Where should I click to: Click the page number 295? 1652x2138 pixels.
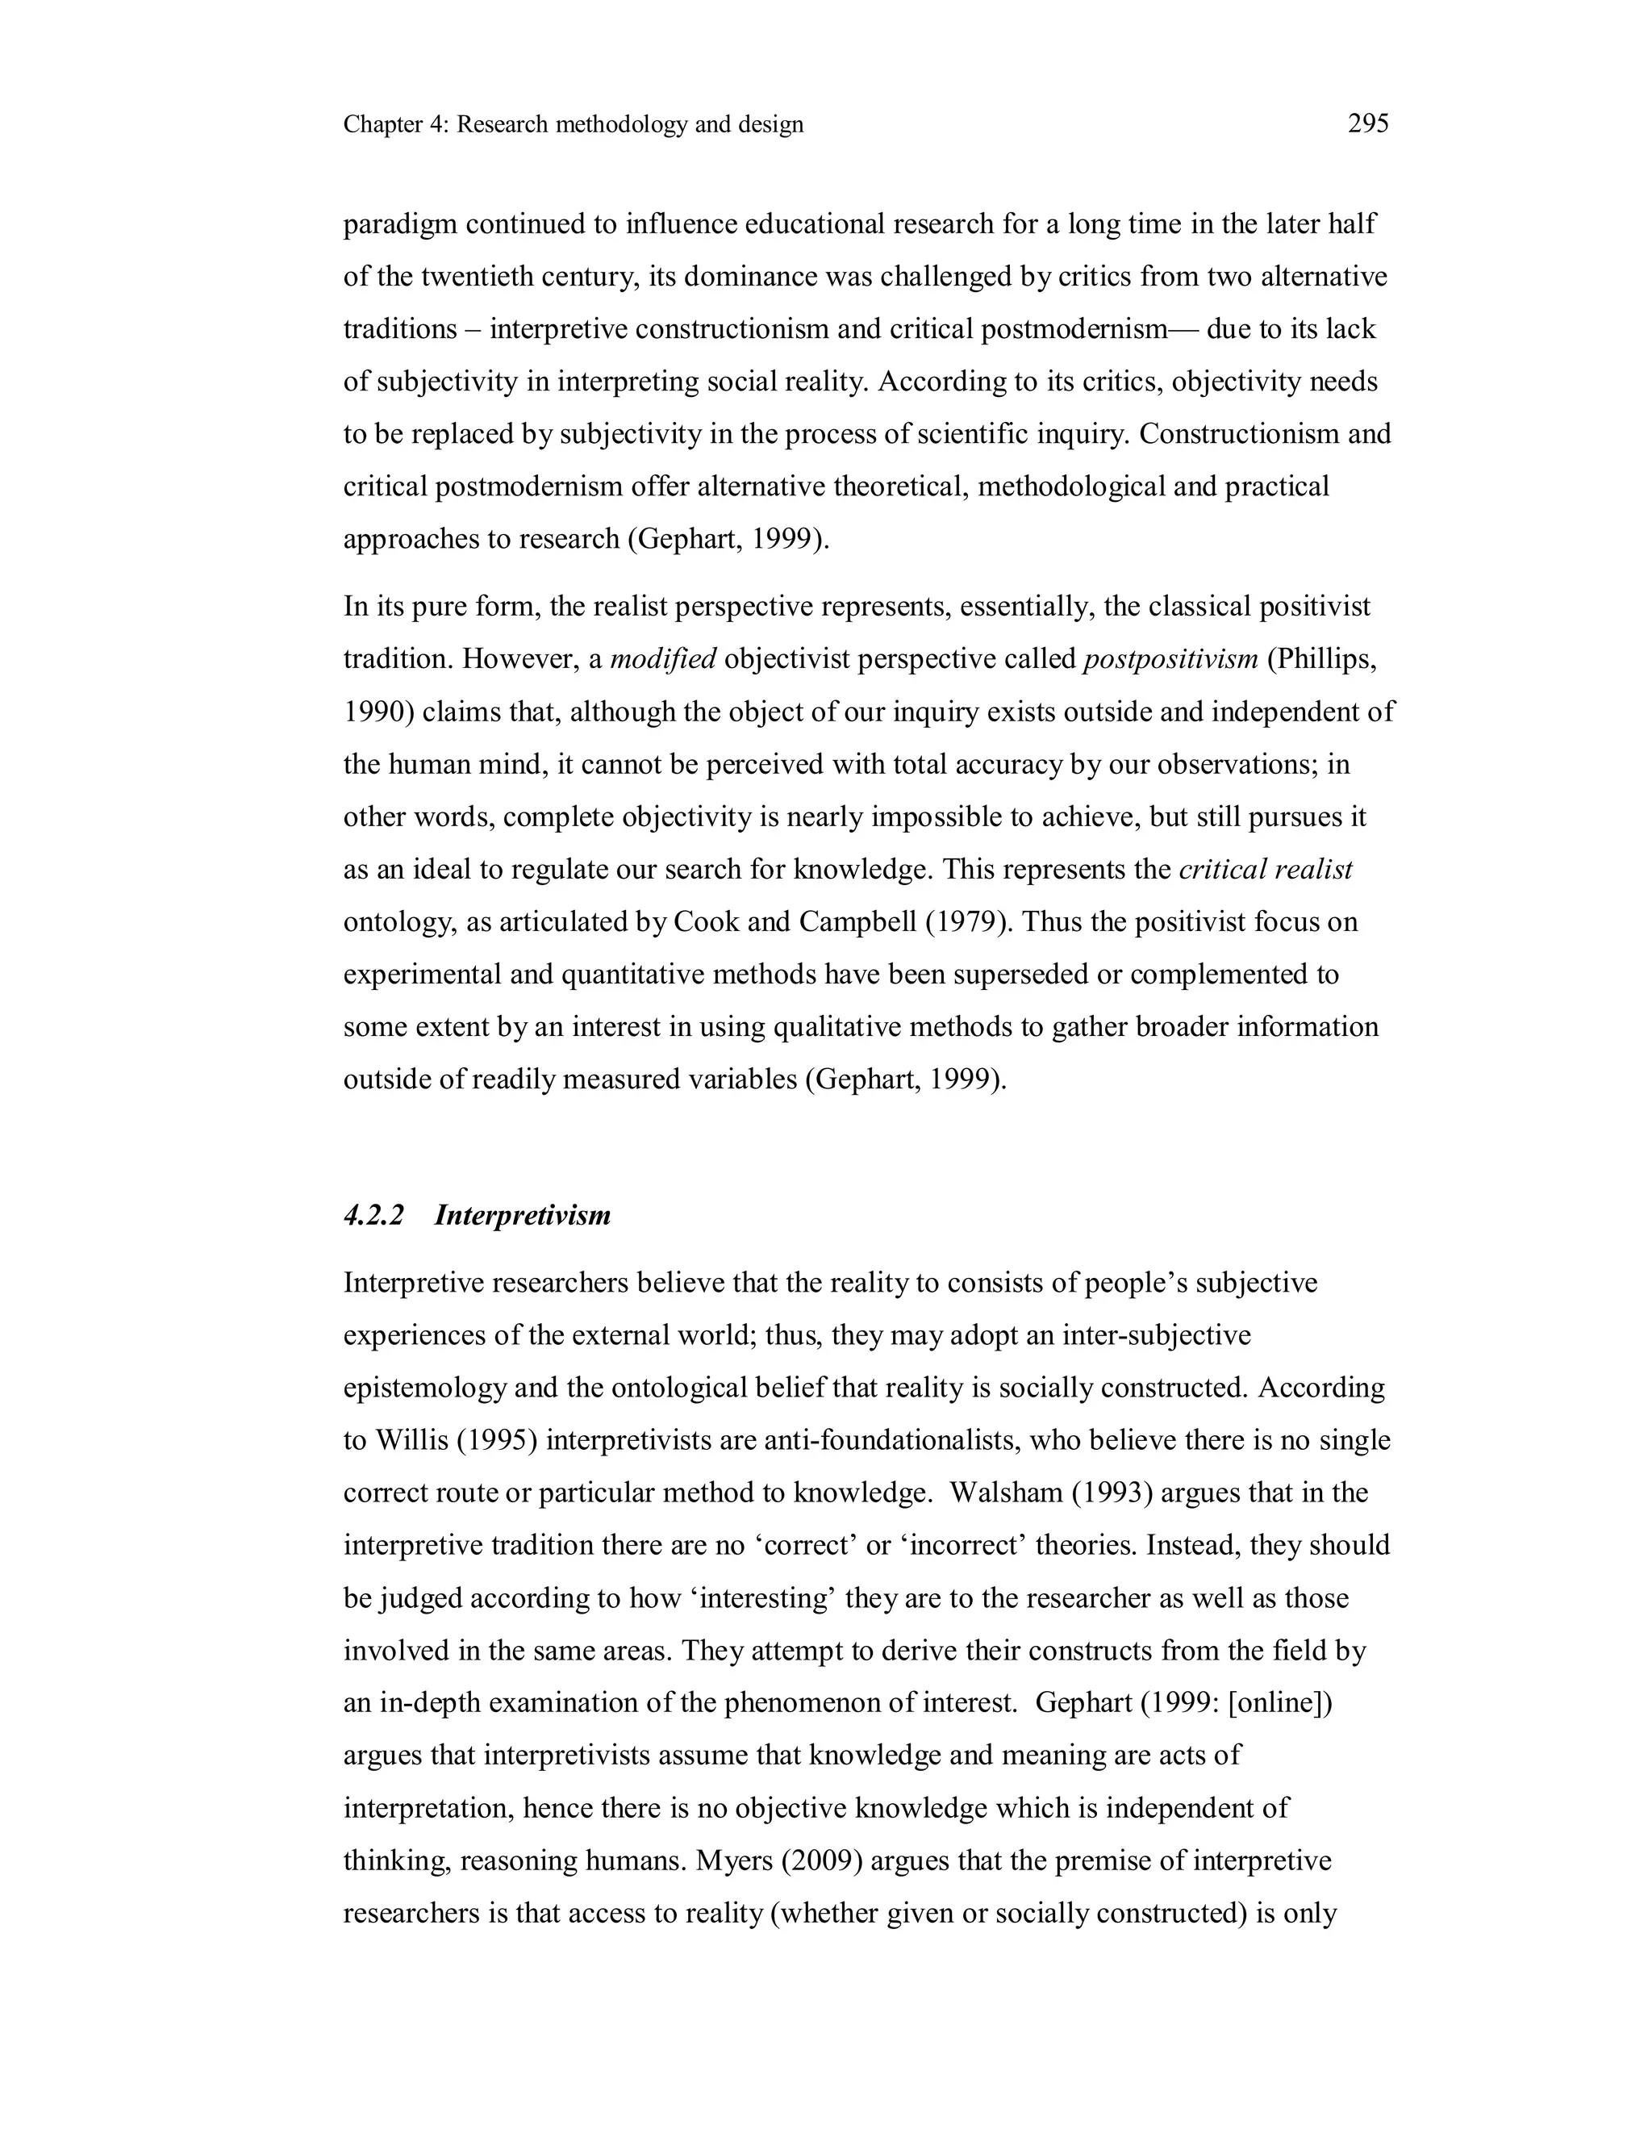pos(1368,123)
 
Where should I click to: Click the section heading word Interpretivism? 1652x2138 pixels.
pos(523,1215)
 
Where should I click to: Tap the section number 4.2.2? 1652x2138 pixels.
pos(373,1215)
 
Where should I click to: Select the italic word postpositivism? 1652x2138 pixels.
pos(1170,659)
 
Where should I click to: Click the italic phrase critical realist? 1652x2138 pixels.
pos(1266,868)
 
